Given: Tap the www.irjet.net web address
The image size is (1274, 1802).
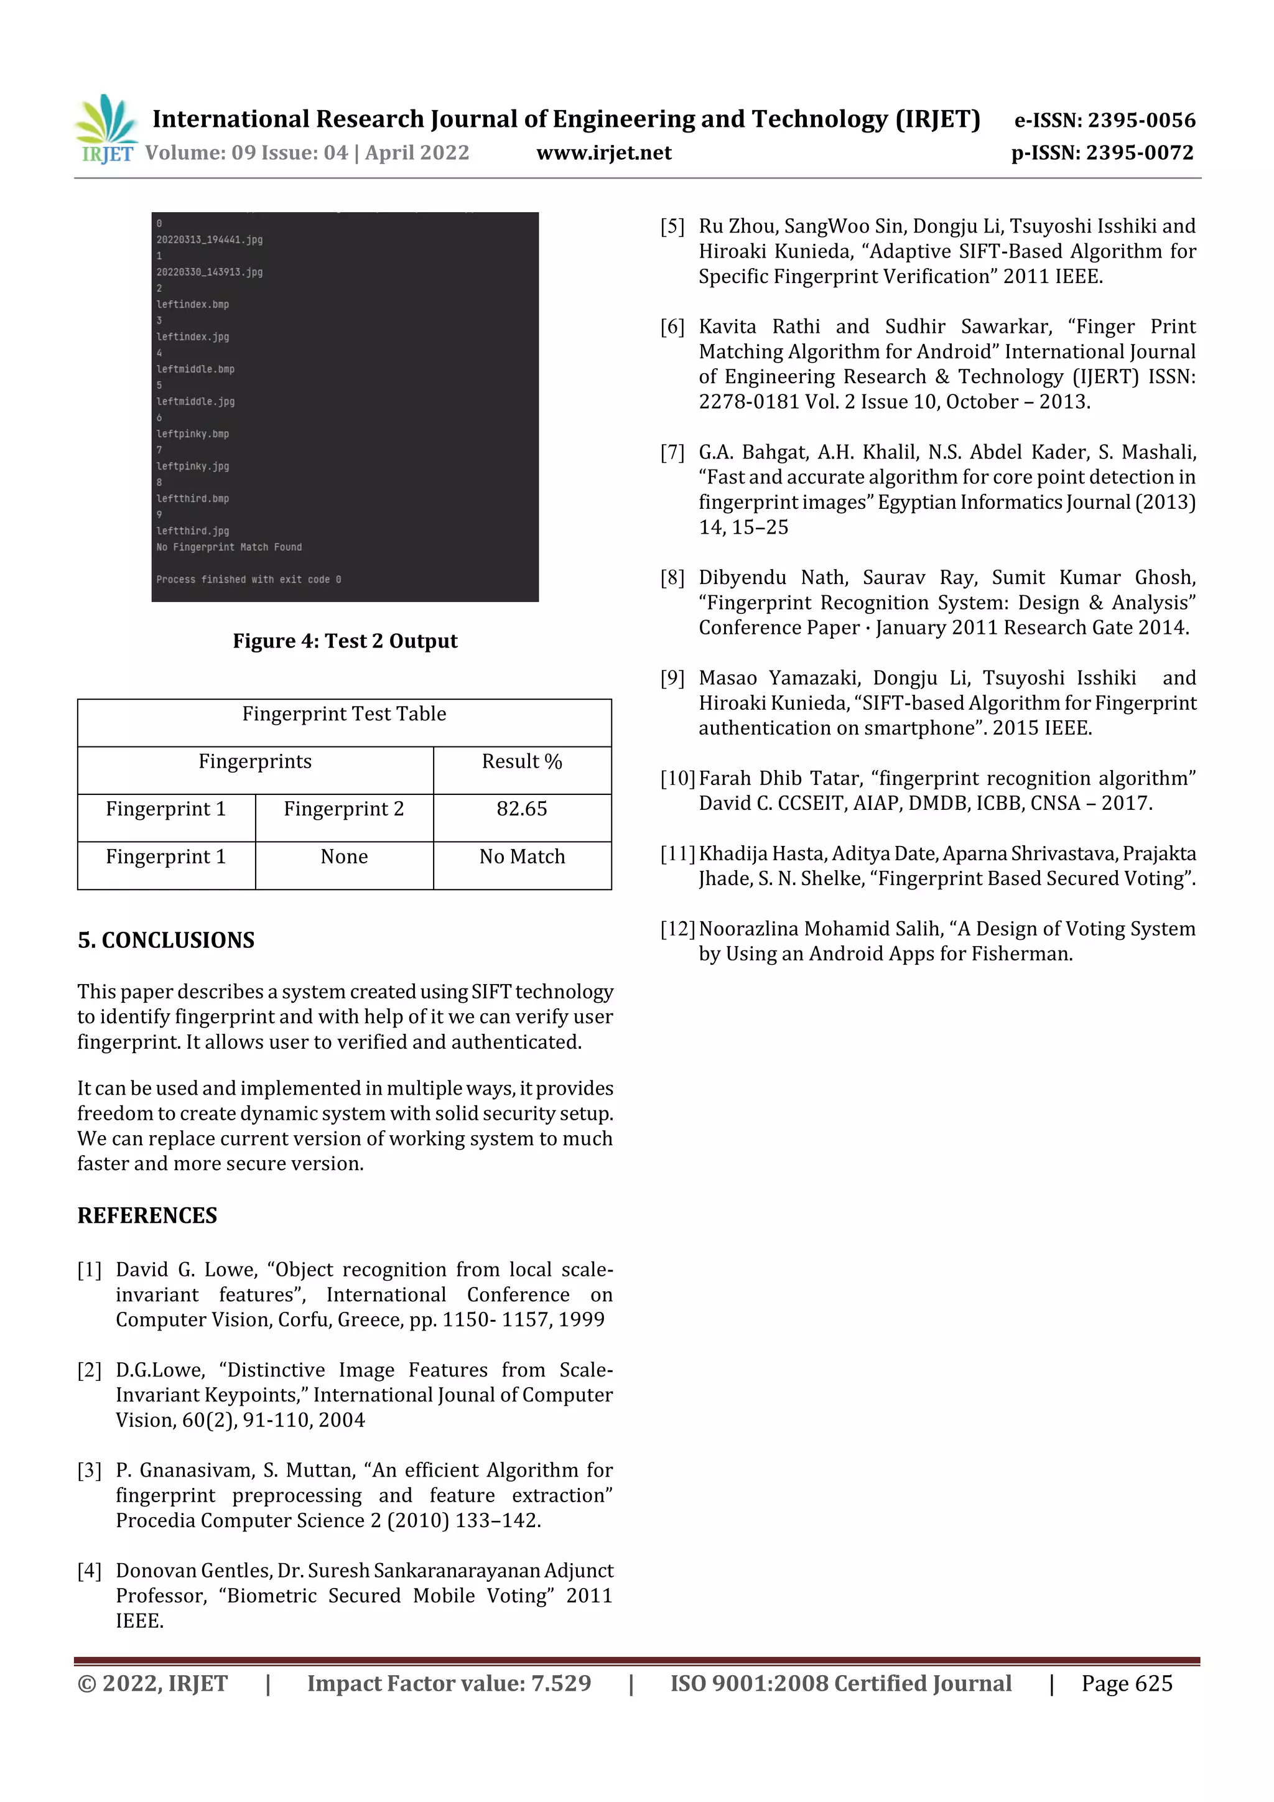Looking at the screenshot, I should click(603, 153).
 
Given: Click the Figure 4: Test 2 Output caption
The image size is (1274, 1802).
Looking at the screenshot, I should click(345, 641).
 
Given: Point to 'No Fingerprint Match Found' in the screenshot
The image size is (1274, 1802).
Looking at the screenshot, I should click(228, 547).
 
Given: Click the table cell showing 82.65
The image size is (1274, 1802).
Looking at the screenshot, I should click(521, 809).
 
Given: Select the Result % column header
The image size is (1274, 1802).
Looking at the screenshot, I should click(521, 761).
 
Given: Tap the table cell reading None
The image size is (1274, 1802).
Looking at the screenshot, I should click(344, 857).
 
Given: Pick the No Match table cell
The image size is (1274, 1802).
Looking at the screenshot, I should click(521, 857).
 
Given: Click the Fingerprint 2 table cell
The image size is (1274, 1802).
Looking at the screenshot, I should click(344, 809).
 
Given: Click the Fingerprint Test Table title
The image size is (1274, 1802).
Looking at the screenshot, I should click(344, 714).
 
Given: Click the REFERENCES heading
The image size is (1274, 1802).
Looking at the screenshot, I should click(147, 1215).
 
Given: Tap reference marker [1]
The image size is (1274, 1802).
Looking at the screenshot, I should click(90, 1270).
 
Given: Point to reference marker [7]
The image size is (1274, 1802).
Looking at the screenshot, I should click(672, 453).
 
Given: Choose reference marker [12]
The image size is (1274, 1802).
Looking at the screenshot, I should click(677, 929).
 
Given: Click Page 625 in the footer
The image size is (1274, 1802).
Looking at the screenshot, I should click(1127, 1683).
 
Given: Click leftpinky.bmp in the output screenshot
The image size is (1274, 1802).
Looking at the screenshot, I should click(192, 434).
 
